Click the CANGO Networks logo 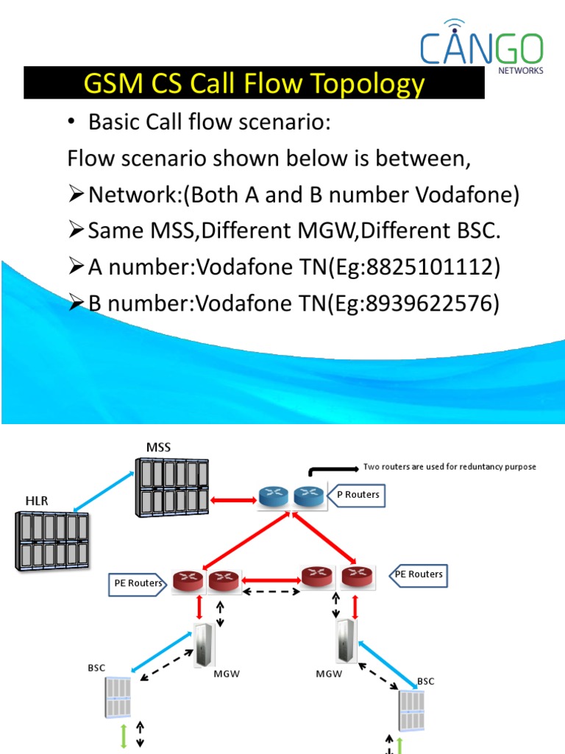[482, 46]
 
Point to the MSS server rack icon [171, 488]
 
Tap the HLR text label [36, 501]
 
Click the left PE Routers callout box [138, 583]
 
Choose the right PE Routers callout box [418, 574]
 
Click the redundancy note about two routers [449, 467]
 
